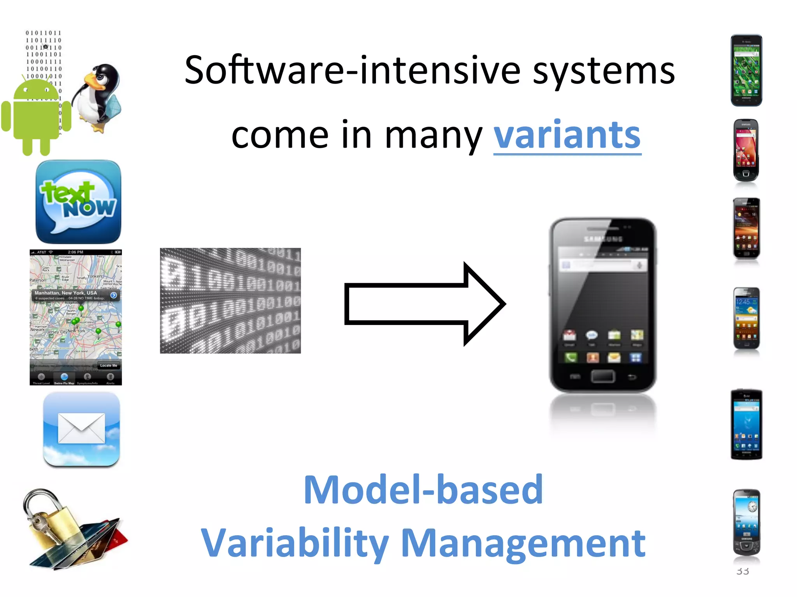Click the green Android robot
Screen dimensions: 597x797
pos(36,117)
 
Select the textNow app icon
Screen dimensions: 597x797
pos(78,202)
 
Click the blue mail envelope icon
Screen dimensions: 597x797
pos(81,428)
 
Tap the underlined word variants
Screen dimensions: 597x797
pos(567,135)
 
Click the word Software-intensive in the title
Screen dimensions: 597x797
pos(352,70)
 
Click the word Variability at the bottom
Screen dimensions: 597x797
pos(295,543)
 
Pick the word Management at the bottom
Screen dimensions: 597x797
pos(523,543)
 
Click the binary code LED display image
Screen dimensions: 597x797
pos(230,300)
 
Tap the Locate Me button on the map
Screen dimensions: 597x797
pos(109,365)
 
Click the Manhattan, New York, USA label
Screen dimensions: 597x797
pos(66,293)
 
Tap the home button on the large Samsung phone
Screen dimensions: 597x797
pos(602,376)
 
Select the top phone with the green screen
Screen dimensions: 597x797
pos(746,70)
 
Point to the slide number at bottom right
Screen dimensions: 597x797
pos(743,571)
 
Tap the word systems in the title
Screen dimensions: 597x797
pos(604,70)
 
